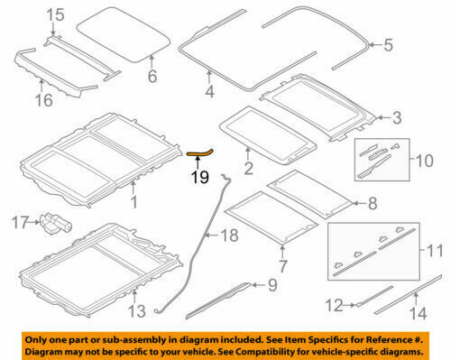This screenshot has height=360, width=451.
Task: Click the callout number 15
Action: [x=30, y=14]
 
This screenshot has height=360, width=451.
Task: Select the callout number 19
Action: [x=199, y=177]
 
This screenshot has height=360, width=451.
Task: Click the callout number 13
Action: [x=134, y=311]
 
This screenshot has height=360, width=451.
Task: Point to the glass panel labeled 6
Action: [x=123, y=34]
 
